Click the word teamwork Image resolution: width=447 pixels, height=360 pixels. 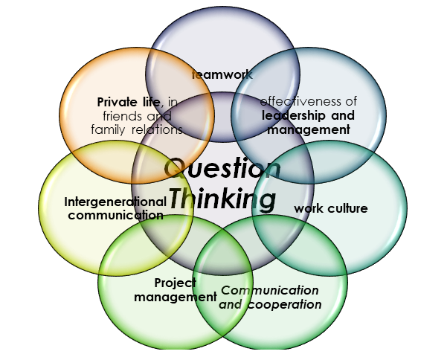point(222,74)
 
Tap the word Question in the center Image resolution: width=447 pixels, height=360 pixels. point(222,169)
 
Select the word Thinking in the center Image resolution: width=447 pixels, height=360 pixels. point(222,199)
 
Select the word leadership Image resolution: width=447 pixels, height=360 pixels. point(286,115)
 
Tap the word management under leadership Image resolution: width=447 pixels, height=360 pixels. point(309,129)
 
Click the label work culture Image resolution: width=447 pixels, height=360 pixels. point(330,208)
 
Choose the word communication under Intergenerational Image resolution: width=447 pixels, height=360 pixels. point(115,215)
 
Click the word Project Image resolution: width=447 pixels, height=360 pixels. point(175,283)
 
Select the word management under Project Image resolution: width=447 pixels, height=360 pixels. point(175,297)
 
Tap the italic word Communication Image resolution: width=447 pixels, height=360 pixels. point(270,290)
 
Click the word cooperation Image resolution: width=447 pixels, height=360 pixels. point(284,304)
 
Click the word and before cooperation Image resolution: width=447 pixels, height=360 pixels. point(230,304)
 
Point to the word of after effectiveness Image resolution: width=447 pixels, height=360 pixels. point(350,101)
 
